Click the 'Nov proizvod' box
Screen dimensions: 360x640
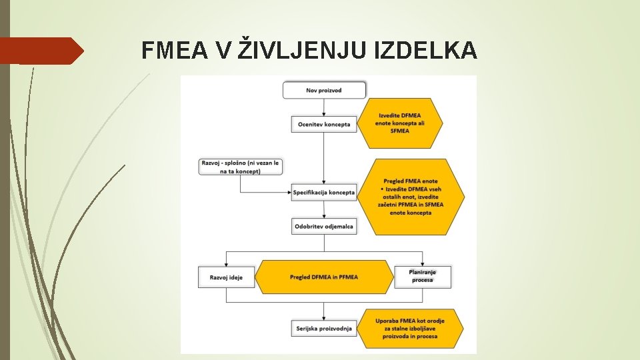(325, 90)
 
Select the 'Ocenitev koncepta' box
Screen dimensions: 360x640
(323, 124)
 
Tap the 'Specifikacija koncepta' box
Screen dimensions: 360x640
(324, 193)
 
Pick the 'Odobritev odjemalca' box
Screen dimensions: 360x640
(324, 227)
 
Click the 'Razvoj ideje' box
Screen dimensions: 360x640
(227, 277)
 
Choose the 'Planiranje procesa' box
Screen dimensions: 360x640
(422, 277)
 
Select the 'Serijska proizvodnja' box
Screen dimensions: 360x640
(323, 328)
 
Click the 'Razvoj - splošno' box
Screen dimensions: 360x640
(239, 167)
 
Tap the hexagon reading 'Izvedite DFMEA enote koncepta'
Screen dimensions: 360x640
(400, 123)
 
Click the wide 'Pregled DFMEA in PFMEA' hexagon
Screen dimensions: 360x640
(324, 277)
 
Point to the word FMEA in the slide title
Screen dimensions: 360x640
(174, 50)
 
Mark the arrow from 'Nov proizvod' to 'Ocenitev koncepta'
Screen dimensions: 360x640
(324, 107)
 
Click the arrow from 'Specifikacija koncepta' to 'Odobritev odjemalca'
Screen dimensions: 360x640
(324, 210)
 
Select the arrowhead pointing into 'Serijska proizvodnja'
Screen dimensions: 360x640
(324, 317)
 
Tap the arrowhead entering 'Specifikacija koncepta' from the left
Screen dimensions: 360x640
(289, 193)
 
